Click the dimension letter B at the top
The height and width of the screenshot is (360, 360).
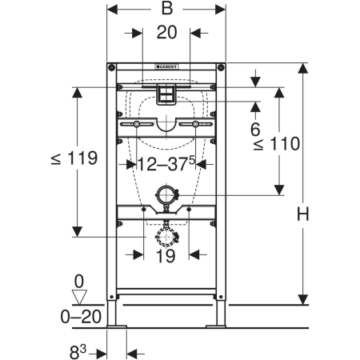coord(167,9)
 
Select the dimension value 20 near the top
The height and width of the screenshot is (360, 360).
coord(166,33)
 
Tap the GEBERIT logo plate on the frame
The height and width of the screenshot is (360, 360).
coord(166,66)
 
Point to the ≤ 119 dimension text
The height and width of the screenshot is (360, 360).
coord(74,158)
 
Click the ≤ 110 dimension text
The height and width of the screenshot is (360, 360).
coord(277,144)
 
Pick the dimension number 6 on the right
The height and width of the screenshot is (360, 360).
coord(255,130)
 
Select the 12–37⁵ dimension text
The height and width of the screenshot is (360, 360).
coord(166,163)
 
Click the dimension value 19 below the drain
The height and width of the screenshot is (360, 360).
coord(166,256)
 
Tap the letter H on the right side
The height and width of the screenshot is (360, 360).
coord(303,214)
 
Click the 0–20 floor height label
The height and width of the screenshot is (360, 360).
coord(81,317)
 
